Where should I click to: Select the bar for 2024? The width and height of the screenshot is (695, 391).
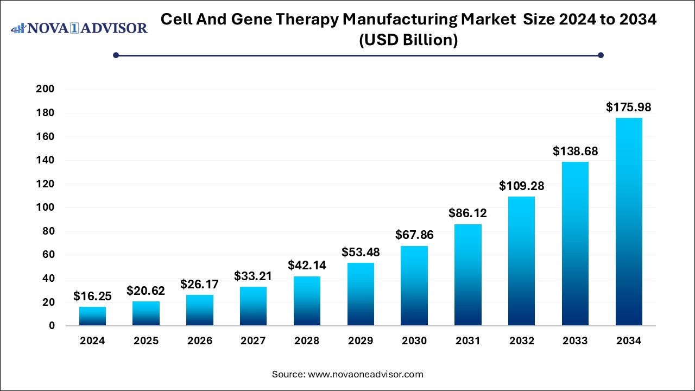(92, 316)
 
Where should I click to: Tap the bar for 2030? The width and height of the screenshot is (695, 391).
(414, 286)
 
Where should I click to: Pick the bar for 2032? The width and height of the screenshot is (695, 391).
(521, 261)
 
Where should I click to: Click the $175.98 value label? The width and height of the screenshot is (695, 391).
(628, 108)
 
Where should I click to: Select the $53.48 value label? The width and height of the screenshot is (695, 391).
(361, 253)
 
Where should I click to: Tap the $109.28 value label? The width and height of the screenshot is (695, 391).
(521, 186)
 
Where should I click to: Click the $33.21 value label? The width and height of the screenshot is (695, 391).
(253, 276)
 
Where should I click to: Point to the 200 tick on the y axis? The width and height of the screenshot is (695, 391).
(45, 90)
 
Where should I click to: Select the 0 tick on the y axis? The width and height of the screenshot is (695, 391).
(52, 326)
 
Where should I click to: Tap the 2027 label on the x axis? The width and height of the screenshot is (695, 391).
(253, 341)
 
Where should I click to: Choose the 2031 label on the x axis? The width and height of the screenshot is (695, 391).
(467, 341)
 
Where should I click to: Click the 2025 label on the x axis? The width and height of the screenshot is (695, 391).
(146, 341)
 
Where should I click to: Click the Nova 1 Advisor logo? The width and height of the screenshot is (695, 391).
(79, 28)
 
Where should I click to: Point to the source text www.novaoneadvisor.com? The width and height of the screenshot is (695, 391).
(365, 374)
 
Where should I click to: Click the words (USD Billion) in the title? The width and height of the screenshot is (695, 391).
(408, 40)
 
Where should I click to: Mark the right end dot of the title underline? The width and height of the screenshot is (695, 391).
(601, 55)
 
